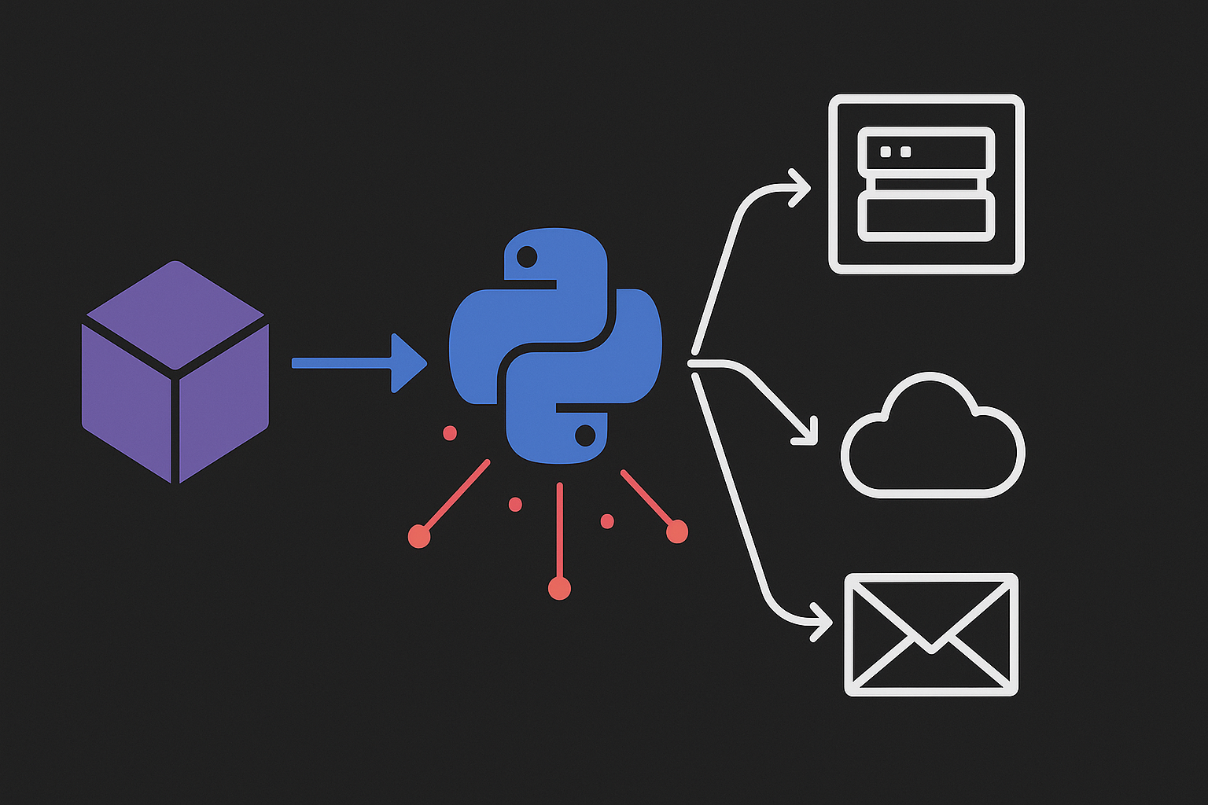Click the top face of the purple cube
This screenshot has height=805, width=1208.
click(175, 314)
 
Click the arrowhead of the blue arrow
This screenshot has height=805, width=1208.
click(408, 362)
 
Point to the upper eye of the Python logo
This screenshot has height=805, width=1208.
click(526, 256)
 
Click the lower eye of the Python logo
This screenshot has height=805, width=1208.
click(585, 434)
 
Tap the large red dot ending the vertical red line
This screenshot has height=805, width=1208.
click(559, 588)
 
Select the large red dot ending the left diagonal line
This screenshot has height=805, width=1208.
click(419, 536)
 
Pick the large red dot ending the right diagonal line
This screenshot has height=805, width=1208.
click(676, 532)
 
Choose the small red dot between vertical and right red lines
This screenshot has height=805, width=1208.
click(607, 520)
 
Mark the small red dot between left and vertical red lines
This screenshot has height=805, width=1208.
click(515, 504)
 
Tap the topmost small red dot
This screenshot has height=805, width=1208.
click(450, 433)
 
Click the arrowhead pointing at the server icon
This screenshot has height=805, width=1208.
click(801, 188)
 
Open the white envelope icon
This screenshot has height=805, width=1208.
click(931, 634)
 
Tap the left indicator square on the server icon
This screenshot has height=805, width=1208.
click(887, 151)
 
